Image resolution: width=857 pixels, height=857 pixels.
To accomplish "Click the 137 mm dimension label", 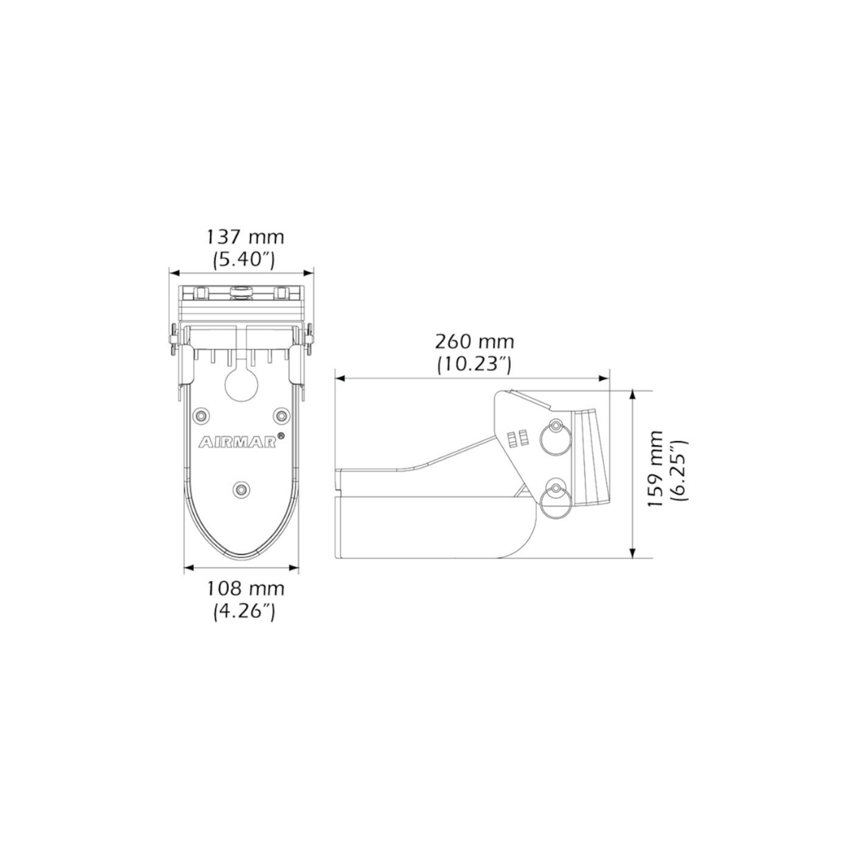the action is (x=245, y=237).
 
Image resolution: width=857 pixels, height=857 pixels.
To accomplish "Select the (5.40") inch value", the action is (x=244, y=259).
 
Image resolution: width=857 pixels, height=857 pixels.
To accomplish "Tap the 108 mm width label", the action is (x=245, y=589).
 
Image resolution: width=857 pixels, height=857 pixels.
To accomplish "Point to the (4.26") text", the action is (x=244, y=611).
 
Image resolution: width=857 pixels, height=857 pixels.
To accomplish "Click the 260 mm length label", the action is (x=475, y=341).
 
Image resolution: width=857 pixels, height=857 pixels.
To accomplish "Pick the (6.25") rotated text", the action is (x=678, y=470).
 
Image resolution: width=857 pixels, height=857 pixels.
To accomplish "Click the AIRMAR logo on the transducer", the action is (x=237, y=442).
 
